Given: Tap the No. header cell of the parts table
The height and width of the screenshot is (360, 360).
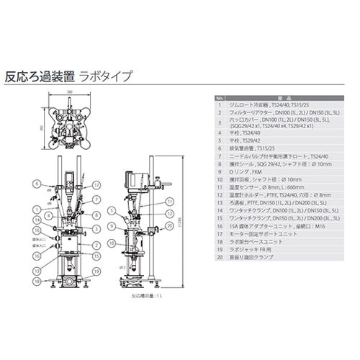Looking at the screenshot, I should pyautogui.click(x=220, y=99).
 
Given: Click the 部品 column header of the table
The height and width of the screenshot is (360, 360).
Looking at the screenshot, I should pyautogui.click(x=282, y=99).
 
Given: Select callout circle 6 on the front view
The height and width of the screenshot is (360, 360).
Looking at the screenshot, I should pyautogui.click(x=37, y=184).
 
